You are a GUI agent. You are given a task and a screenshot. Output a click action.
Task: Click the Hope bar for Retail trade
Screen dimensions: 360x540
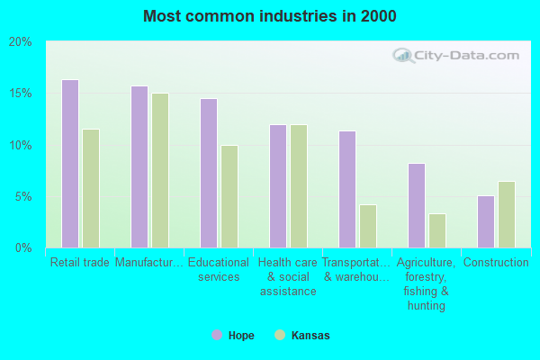tap(70, 164)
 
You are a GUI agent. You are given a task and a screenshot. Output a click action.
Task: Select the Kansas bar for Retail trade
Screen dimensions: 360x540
tap(91, 188)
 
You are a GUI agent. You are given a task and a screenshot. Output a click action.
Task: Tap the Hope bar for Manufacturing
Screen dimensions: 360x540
tap(139, 166)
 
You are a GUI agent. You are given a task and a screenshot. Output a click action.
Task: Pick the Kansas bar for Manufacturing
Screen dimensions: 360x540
tap(160, 170)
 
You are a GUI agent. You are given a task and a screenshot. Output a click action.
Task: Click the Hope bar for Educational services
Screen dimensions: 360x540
tap(209, 173)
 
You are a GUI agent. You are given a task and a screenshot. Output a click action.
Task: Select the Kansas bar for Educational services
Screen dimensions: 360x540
tap(229, 196)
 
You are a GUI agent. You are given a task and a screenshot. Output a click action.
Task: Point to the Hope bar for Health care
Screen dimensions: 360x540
tap(278, 186)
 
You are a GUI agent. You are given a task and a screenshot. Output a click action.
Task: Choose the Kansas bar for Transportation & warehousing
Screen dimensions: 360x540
tap(368, 226)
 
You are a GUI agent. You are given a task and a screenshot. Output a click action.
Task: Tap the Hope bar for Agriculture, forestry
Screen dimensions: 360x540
tap(417, 205)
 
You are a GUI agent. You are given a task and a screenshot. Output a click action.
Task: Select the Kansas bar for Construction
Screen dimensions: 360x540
tap(507, 214)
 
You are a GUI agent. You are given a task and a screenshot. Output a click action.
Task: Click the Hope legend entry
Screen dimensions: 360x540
tap(233, 336)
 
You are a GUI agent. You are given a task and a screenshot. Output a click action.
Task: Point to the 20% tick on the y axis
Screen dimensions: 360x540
tap(21, 42)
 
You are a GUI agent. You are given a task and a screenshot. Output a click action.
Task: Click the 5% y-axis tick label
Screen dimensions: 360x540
tap(23, 196)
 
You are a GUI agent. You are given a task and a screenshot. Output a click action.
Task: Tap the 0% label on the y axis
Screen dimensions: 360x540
tap(23, 247)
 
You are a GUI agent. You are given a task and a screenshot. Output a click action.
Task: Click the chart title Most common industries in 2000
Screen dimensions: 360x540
tap(269, 16)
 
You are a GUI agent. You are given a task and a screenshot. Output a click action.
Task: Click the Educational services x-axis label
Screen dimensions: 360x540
tap(219, 270)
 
